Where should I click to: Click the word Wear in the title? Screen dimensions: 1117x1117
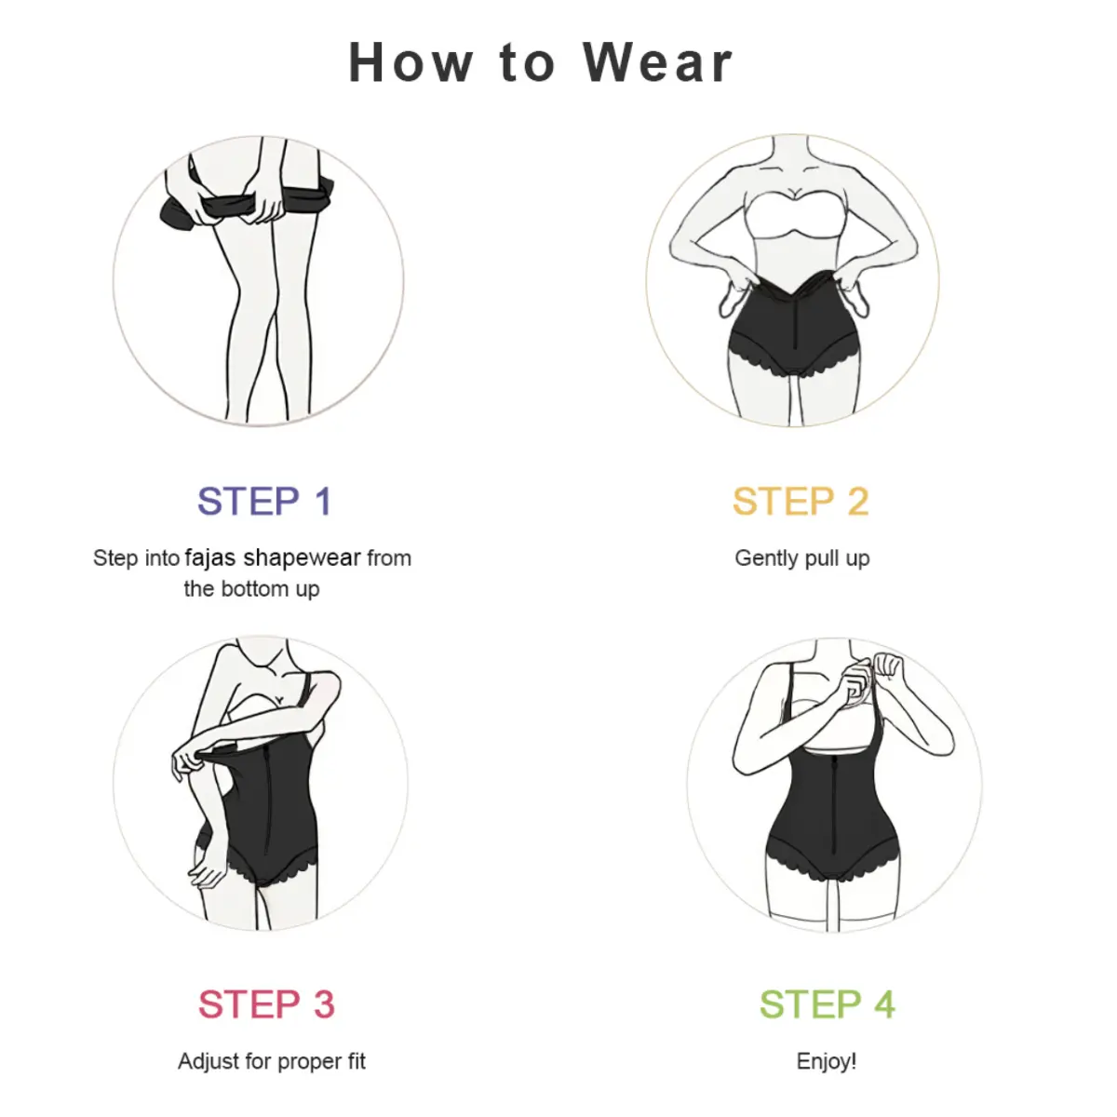pos(657,62)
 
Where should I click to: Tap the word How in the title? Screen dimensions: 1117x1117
pos(410,62)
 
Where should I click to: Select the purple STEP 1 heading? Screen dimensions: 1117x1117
pos(264,502)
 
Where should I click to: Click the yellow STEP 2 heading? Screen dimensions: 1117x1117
pos(801,502)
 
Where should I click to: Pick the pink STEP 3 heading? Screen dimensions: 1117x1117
pos(266,1004)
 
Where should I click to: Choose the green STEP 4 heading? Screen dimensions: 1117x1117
pos(828,1004)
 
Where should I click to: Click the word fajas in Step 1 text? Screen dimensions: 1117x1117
pos(209,558)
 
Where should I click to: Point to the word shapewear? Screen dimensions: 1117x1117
pos(302,558)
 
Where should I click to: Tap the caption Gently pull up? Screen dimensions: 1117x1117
pos(801,558)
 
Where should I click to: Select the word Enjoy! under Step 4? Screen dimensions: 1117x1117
pos(826,1061)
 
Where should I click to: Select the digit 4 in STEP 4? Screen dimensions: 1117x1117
pos(884,1004)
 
